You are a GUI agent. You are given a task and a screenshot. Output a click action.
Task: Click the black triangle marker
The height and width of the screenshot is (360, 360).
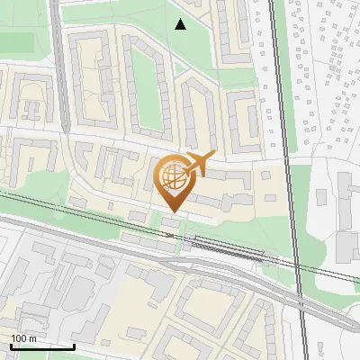tap(181, 24)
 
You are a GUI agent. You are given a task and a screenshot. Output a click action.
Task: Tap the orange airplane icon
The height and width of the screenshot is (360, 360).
tap(197, 165)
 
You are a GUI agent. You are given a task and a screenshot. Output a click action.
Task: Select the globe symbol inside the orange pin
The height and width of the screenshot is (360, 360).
tap(172, 176)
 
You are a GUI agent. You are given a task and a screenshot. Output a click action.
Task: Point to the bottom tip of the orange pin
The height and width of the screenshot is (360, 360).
tap(172, 212)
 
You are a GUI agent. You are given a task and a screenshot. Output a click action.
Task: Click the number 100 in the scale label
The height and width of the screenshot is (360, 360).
tap(18, 338)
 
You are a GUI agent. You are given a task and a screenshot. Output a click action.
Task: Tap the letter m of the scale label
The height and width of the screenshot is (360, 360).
tap(32, 338)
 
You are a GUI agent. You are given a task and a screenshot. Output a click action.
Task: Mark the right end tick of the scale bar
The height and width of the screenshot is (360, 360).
tap(74, 346)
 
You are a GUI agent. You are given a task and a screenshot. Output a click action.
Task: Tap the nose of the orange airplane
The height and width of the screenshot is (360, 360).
tap(214, 156)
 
